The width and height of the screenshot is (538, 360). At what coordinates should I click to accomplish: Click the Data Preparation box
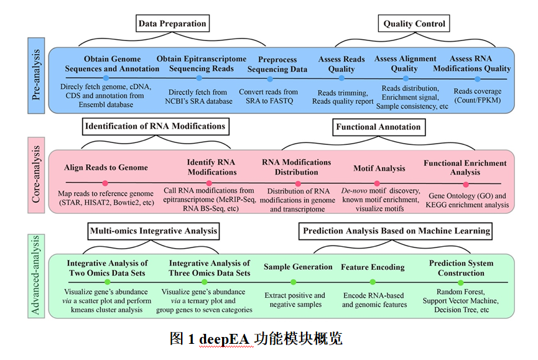172,24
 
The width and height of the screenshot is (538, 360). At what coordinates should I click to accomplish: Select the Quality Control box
414,24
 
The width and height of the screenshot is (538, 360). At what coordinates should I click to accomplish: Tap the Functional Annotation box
378,127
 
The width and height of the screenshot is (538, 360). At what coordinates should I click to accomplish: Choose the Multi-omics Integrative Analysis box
154,231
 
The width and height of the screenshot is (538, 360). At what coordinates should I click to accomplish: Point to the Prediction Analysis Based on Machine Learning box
396,231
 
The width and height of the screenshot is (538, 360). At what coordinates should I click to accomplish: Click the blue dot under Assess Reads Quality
341,79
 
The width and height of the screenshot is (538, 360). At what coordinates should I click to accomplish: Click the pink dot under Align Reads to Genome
105,183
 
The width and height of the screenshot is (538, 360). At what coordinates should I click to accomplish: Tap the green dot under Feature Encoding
373,283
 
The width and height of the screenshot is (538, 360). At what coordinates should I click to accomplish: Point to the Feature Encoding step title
373,267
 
